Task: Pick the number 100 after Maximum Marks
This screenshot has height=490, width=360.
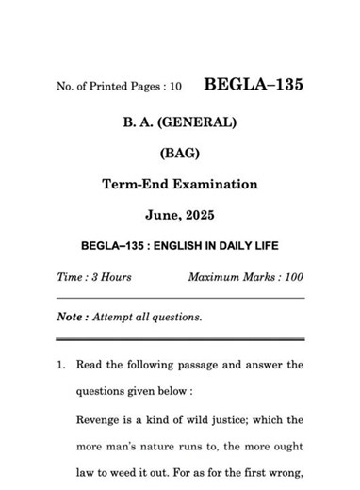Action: click(291, 277)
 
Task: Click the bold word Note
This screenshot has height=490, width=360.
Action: click(72, 317)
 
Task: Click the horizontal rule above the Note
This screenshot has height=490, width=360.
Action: click(179, 299)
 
